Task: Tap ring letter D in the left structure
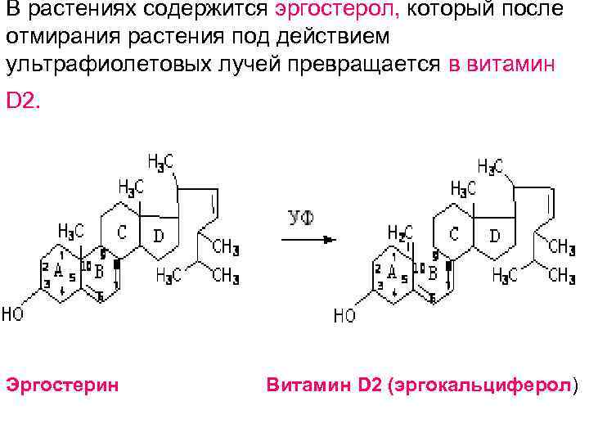click(x=159, y=236)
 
